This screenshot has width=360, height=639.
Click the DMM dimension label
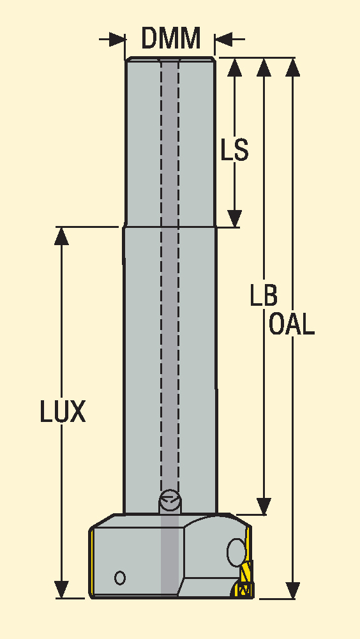(171, 38)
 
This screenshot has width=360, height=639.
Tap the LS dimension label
(234, 149)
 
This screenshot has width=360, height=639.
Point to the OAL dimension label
(292, 324)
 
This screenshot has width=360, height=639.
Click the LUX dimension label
(63, 411)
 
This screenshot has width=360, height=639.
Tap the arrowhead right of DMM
(223, 40)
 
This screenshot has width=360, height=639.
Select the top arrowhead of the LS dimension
(235, 67)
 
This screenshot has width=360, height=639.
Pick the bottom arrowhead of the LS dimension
(235, 218)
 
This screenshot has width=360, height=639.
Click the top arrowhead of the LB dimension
(264, 67)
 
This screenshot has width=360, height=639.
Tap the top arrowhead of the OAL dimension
(293, 67)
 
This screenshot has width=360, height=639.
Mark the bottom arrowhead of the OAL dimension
(293, 590)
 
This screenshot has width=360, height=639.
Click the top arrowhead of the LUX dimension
(61, 236)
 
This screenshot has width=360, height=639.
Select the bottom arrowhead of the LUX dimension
(61, 590)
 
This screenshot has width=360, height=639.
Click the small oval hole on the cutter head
(120, 578)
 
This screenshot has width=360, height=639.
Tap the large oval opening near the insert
(236, 553)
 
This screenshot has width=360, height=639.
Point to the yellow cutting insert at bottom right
(245, 579)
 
